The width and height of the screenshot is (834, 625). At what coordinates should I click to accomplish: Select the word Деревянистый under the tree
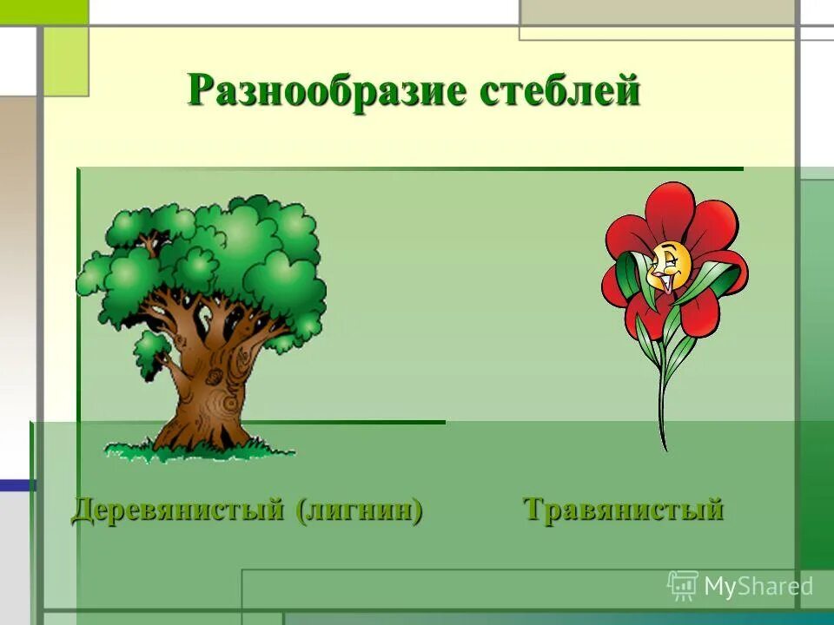click(177, 510)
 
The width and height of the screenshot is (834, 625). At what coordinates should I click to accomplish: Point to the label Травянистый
click(623, 510)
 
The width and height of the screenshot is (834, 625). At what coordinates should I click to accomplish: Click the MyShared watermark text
click(758, 587)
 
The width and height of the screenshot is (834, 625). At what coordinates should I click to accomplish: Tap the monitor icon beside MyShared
click(683, 586)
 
